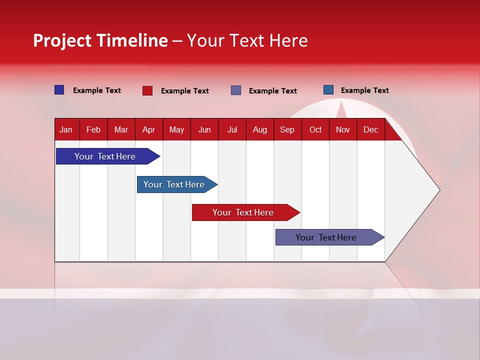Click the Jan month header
pyautogui.click(x=66, y=130)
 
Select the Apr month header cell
pyautogui.click(x=148, y=130)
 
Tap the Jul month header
pyautogui.click(x=232, y=130)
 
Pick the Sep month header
pyautogui.click(x=287, y=130)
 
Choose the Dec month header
pyautogui.click(x=370, y=130)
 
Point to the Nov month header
pyautogui.click(x=342, y=130)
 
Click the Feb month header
pyautogui.click(x=93, y=130)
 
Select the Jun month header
pyautogui.click(x=204, y=130)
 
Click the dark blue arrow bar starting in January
pyautogui.click(x=105, y=156)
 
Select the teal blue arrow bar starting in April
pyautogui.click(x=174, y=184)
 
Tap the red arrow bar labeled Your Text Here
pyautogui.click(x=243, y=212)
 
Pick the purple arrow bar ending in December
pyautogui.click(x=326, y=237)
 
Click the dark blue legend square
pyautogui.click(x=59, y=90)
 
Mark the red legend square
pyautogui.click(x=147, y=90)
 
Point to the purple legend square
pyautogui.click(x=235, y=90)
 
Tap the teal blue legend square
pyautogui.click(x=328, y=90)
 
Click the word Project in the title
pyautogui.click(x=62, y=41)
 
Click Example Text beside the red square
pyautogui.click(x=184, y=91)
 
